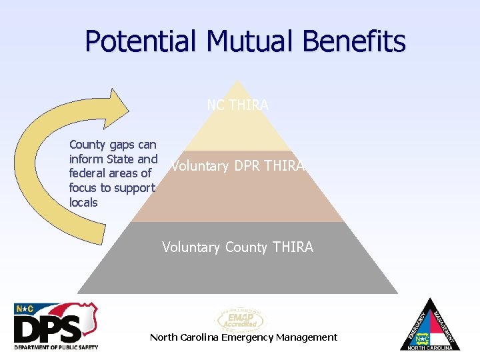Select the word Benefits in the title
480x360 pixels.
pos(353,41)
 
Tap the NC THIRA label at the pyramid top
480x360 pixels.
pos(237,105)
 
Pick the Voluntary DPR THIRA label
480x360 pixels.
pos(237,166)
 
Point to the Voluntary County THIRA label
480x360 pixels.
pos(237,247)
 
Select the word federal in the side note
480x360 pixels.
pos(87,173)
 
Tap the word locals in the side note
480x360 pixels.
pos(83,203)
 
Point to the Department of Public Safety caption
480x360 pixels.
pos(56,347)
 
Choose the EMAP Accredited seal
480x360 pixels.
pos(239,319)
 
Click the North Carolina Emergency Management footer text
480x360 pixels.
pos(243,337)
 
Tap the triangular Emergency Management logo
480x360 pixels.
pos(433,326)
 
